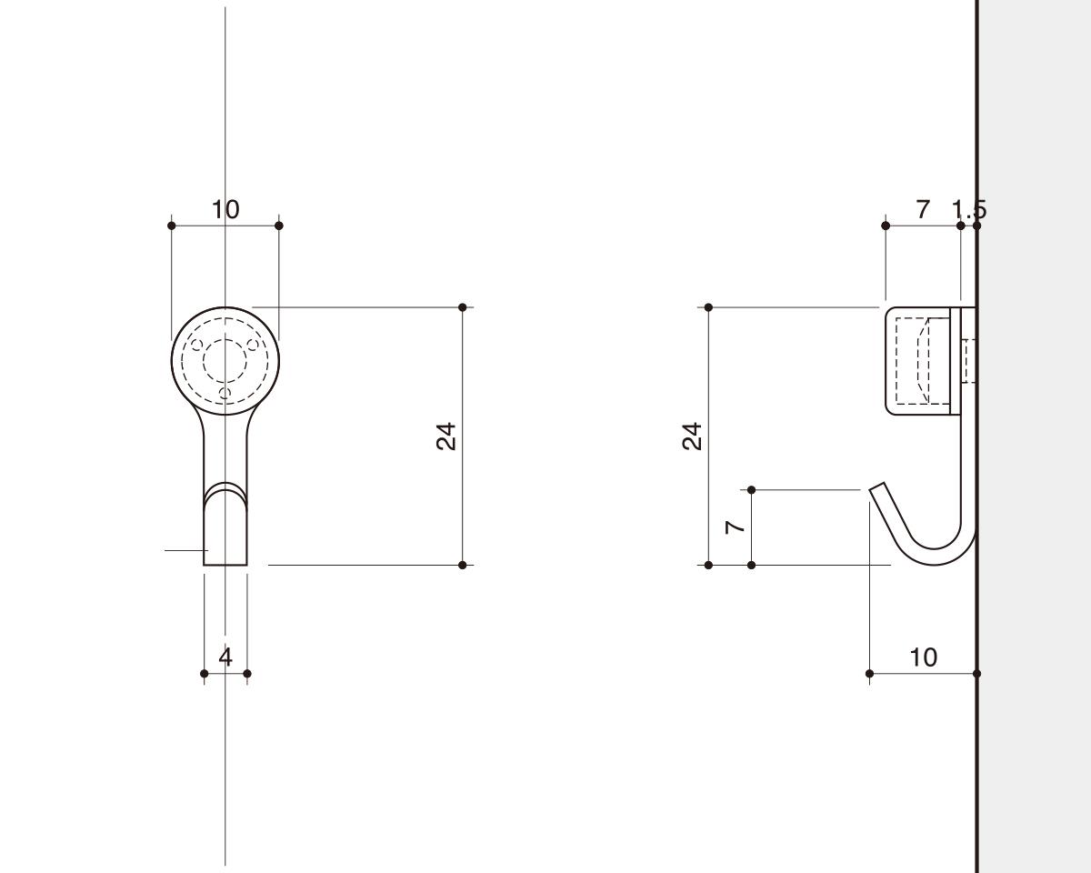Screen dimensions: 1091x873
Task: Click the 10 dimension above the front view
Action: pos(225,209)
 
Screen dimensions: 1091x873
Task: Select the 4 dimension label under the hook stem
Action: pos(225,657)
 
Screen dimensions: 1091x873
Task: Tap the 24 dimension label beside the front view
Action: pos(446,436)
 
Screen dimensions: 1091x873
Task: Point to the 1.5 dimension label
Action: pos(969,209)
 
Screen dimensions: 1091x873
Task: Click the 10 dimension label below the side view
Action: pos(924,657)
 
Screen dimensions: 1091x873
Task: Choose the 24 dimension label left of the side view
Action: pos(692,436)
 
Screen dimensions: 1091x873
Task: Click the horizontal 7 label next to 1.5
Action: pos(924,209)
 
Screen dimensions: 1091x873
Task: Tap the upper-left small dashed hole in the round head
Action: pos(197,346)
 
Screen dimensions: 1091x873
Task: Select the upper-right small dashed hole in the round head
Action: pos(253,346)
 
